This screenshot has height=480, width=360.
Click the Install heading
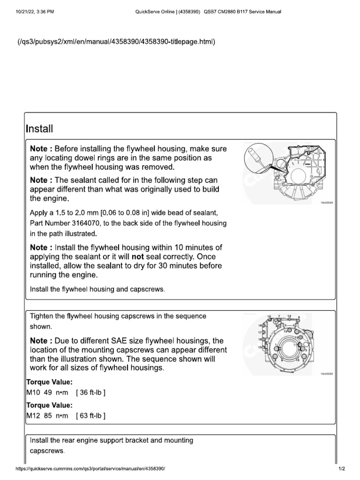(40, 128)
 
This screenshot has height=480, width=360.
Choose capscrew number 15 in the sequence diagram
(269, 317)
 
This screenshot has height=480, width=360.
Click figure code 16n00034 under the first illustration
(327, 202)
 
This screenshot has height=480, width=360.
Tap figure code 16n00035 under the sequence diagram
(327, 374)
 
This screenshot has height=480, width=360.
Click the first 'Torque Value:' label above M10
(50, 382)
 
